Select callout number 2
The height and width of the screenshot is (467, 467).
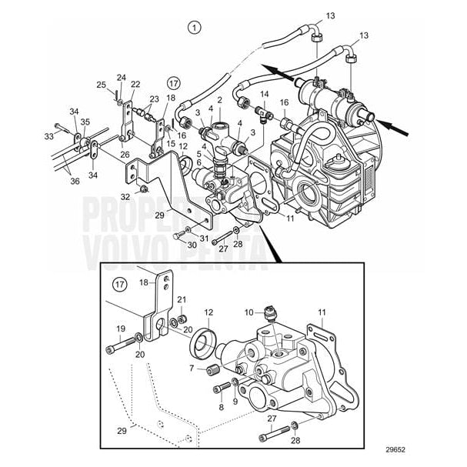point(219,100)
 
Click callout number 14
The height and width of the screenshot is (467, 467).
point(264,94)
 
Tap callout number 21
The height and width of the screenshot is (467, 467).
point(182,299)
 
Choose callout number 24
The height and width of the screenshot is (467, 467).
point(121,77)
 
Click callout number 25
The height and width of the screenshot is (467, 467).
point(101,85)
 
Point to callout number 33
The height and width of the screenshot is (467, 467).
point(48,136)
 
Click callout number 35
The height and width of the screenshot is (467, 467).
point(85,121)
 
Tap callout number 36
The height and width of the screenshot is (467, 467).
point(75,181)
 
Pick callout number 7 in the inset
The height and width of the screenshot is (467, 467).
point(191,369)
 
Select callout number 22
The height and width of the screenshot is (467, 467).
point(135,84)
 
